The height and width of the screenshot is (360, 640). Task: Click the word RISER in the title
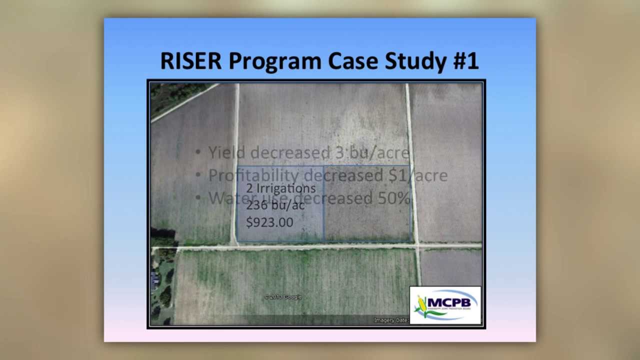tap(190, 61)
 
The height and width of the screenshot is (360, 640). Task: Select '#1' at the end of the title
tap(466, 61)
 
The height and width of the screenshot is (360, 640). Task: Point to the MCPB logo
tap(445, 305)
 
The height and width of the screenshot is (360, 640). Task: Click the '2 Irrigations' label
tap(280, 188)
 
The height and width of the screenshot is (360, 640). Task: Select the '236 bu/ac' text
tap(275, 205)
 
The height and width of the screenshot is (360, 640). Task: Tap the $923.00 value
tap(269, 222)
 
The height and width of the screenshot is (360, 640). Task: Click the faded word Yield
tap(227, 152)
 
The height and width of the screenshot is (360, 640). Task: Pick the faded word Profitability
tap(253, 175)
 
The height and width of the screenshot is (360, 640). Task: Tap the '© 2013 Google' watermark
tap(283, 297)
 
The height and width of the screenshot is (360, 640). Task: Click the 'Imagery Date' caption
tap(391, 320)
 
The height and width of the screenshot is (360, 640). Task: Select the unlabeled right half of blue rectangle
tap(368, 203)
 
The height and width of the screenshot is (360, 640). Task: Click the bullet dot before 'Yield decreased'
tap(198, 152)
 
